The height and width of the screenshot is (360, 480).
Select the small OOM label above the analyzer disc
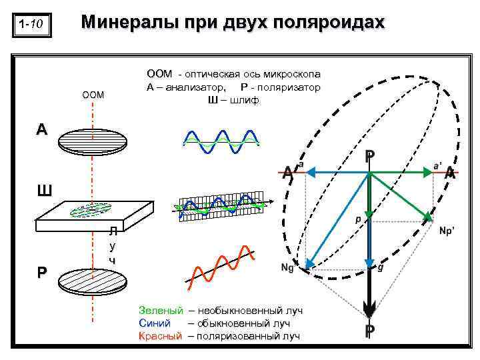pos(93,95)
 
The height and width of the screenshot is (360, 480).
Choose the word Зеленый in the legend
pos(161,310)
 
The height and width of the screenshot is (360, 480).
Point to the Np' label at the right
pos(447,229)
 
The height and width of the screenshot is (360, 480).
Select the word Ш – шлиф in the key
pos(234,100)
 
